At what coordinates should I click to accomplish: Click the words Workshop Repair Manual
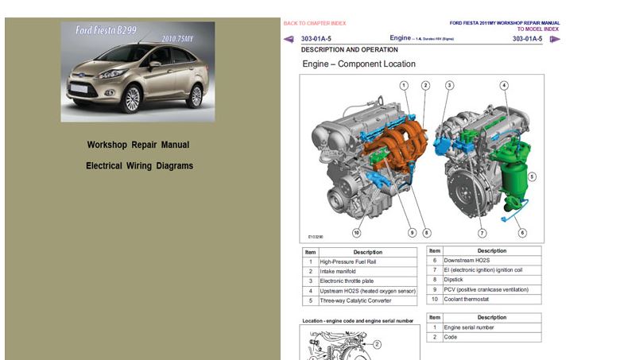pos(138,145)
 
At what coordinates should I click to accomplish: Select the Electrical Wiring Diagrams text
pos(139,166)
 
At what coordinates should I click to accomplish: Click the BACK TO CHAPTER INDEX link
pos(315,23)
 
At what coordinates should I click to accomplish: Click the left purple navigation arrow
pos(289,39)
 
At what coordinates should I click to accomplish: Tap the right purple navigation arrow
pos(554,39)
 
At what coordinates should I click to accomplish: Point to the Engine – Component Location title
pos(358,64)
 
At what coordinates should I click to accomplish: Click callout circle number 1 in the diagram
pos(404,85)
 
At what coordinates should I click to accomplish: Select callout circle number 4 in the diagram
pos(504,85)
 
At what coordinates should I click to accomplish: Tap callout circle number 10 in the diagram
pos(357,233)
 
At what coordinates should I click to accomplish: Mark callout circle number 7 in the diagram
pos(482,233)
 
